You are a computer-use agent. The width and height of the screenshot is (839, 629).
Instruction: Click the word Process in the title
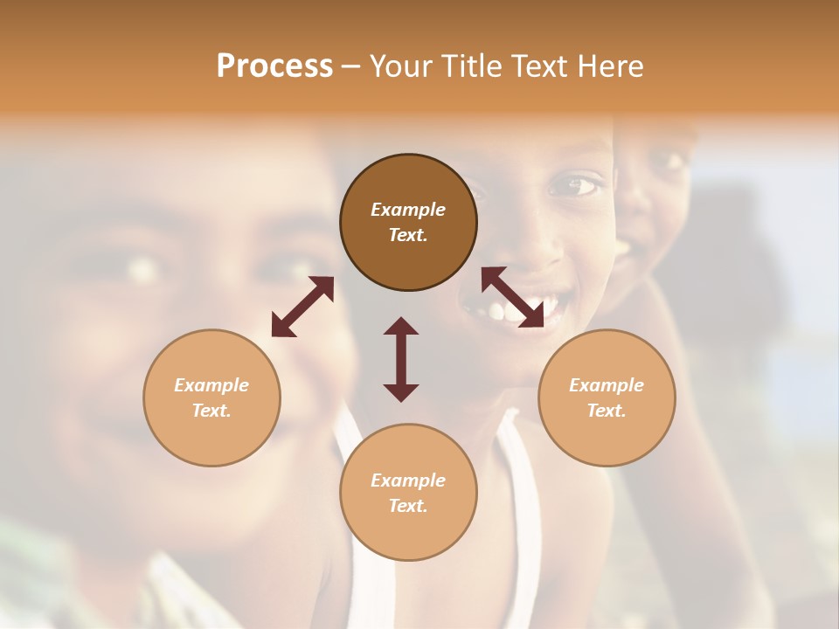click(x=274, y=66)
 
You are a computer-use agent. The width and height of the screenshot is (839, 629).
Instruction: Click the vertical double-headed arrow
click(x=401, y=359)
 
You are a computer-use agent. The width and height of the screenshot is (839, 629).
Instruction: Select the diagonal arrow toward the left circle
click(x=302, y=307)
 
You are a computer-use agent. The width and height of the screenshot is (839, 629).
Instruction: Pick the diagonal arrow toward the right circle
click(x=512, y=298)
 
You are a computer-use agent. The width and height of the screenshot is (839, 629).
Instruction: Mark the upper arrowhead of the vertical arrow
click(x=401, y=326)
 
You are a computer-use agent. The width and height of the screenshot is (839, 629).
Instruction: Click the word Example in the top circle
click(x=408, y=210)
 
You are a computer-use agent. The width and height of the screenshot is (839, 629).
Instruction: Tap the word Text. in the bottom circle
click(x=408, y=506)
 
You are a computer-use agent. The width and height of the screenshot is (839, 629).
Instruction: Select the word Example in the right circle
click(x=607, y=385)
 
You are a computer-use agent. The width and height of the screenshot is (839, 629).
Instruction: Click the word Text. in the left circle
click(x=211, y=411)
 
